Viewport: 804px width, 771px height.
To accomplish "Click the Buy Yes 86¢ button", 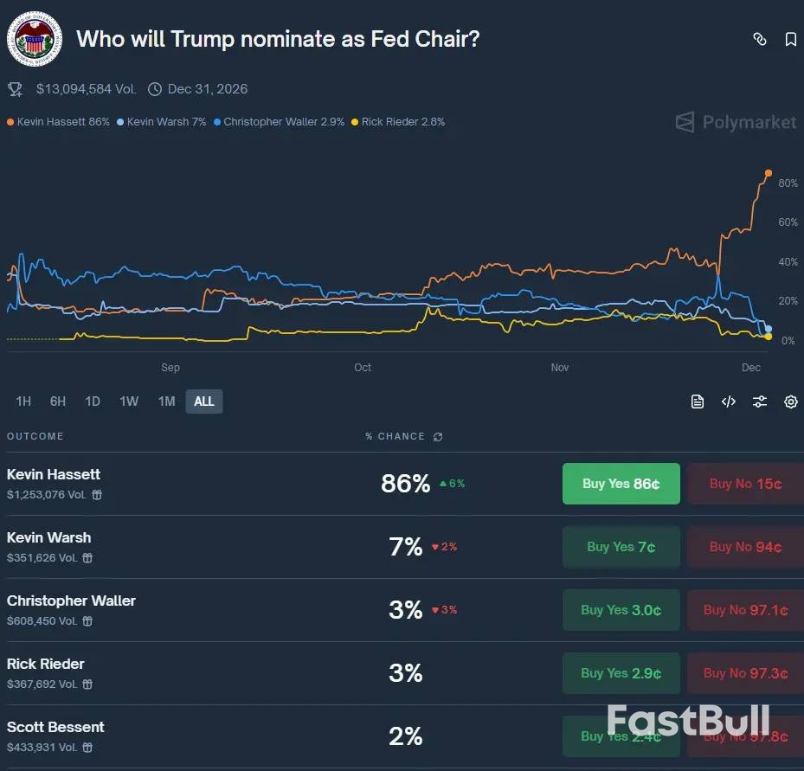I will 621,484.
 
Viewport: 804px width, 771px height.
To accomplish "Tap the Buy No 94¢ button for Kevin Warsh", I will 745,547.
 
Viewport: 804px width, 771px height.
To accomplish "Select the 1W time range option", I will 129,402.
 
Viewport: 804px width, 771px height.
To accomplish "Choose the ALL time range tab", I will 204,402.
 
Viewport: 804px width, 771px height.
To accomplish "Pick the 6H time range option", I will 58,402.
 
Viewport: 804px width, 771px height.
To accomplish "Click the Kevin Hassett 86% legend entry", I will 59,122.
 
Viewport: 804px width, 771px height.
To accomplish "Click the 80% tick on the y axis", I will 788,183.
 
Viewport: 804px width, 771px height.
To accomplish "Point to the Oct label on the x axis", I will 363,368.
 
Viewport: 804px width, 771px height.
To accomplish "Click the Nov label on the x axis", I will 560,368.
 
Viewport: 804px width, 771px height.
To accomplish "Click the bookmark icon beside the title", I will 790,39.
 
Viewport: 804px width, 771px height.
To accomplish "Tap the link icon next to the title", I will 759,39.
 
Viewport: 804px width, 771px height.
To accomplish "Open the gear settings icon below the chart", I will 790,402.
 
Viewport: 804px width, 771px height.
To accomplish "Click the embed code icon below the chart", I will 729,402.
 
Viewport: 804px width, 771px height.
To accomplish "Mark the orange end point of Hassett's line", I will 769,173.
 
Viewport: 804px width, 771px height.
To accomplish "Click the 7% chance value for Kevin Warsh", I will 406,547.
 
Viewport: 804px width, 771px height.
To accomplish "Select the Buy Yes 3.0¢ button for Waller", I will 621,610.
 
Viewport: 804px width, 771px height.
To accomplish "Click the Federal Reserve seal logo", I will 35,40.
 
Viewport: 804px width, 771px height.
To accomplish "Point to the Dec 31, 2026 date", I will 207,89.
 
